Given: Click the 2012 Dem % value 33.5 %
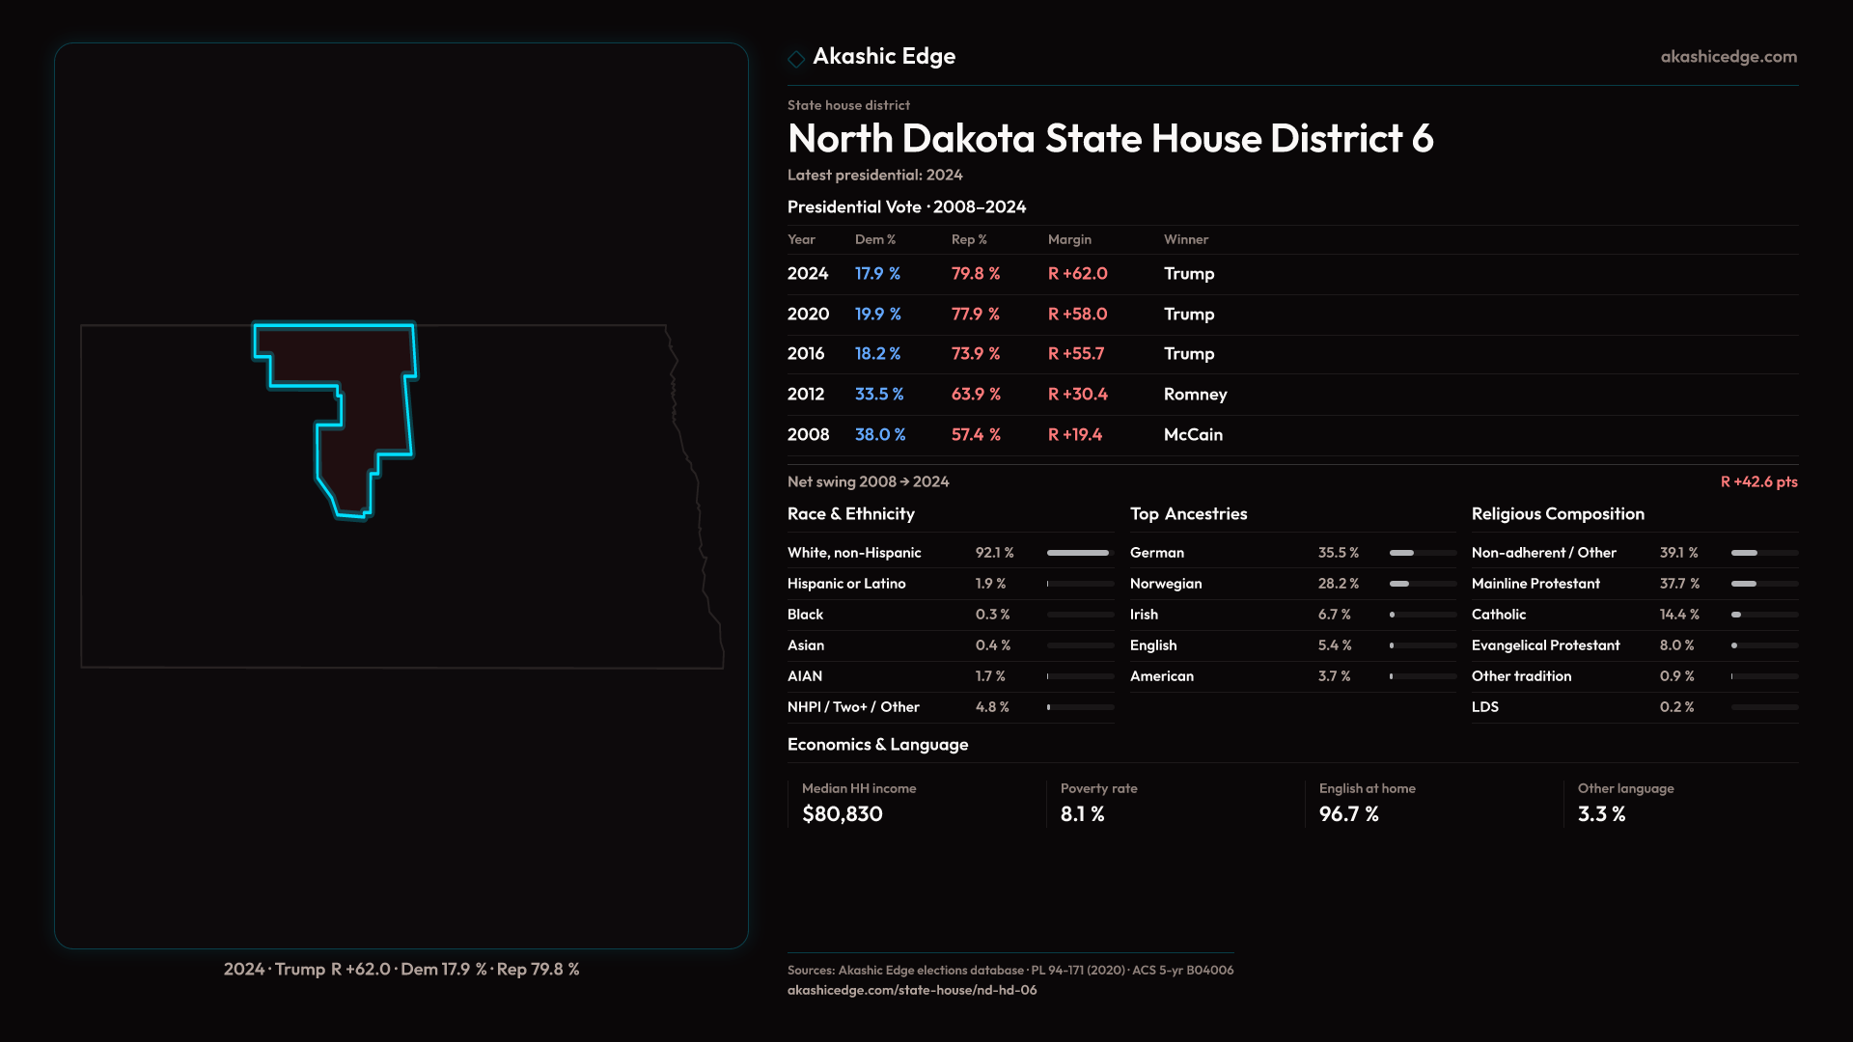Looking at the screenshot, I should click(878, 395).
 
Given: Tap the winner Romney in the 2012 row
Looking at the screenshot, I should click(1195, 395).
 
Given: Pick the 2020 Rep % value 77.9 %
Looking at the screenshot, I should click(975, 315).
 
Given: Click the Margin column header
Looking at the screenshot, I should click(1069, 239).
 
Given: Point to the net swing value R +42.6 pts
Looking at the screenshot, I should click(1758, 481).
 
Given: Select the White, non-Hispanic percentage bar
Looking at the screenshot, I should click(1079, 553).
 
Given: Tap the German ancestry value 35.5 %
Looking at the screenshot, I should click(1338, 553).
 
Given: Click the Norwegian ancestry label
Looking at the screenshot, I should click(1166, 584).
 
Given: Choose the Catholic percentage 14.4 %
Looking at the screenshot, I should click(1679, 615).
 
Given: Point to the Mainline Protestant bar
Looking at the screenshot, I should click(1763, 584).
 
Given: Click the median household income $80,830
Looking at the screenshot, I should click(842, 814).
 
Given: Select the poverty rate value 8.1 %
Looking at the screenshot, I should click(1082, 814).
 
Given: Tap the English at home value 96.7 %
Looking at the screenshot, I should click(1348, 814).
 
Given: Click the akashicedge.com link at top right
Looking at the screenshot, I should click(1729, 57).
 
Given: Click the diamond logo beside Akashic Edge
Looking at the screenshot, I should click(796, 59).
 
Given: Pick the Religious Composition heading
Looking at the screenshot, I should click(1558, 514).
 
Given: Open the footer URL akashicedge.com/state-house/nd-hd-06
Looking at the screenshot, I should click(912, 990).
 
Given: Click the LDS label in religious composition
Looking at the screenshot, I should click(1484, 707).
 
